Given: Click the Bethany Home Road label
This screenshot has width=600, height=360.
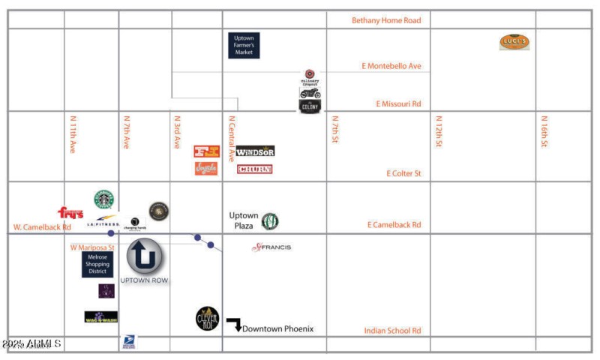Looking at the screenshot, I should (386, 20).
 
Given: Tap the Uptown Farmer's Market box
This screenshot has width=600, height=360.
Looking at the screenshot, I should (244, 46).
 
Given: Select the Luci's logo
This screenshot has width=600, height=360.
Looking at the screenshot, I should (514, 43).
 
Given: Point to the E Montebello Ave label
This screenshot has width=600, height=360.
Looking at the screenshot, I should (391, 66).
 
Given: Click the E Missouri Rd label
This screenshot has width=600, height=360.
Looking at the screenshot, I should (397, 104).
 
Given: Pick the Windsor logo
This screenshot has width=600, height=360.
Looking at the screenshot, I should (255, 151).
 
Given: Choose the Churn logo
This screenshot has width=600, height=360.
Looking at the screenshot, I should (255, 169).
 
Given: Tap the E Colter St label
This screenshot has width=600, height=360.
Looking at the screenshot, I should (403, 173).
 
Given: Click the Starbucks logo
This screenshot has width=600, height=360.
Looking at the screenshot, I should (104, 199).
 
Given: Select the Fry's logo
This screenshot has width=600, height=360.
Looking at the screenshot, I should (70, 213).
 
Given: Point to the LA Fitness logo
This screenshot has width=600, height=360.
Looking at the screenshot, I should (103, 222).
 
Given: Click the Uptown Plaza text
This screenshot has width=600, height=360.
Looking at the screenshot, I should (244, 220).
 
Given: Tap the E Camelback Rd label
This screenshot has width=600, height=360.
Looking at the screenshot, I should (394, 224).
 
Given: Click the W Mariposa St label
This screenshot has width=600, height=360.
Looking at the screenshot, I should (92, 247).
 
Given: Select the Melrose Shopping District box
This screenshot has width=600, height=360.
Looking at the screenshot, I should (97, 265).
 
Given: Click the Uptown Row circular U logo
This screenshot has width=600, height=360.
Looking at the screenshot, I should (144, 256).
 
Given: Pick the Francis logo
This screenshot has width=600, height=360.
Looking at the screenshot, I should (271, 247).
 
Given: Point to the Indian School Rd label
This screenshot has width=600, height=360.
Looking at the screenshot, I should (392, 330).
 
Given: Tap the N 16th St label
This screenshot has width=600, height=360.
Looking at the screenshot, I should (544, 131).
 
